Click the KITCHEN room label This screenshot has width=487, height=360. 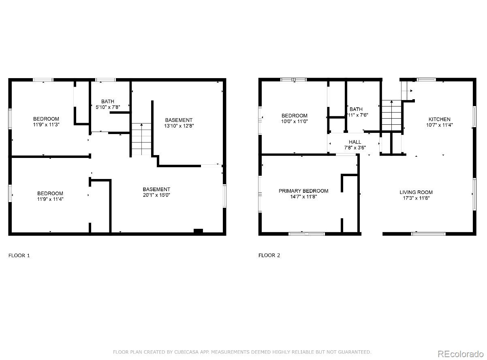click(x=439, y=119)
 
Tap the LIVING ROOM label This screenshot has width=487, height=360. click(x=416, y=192)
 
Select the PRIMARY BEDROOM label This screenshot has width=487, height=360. click(x=303, y=191)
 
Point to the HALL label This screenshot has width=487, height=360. click(x=355, y=142)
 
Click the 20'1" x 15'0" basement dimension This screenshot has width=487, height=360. click(x=156, y=195)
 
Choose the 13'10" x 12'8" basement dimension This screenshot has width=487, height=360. click(x=179, y=126)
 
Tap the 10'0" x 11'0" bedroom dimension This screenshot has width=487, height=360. click(x=295, y=121)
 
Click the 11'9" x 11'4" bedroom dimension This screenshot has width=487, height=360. click(x=50, y=199)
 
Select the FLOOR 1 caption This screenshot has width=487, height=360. click(x=19, y=256)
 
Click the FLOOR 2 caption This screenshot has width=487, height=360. click(x=269, y=255)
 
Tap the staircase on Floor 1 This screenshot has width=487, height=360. click(x=141, y=139)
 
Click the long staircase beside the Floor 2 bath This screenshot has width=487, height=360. click(x=391, y=115)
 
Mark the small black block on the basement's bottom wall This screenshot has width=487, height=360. click(x=198, y=231)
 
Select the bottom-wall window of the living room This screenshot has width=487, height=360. click(x=428, y=234)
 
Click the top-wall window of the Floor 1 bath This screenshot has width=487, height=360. click(x=105, y=80)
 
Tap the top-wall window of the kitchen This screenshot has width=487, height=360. click(x=426, y=80)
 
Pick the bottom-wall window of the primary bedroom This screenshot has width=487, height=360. click(x=306, y=234)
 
